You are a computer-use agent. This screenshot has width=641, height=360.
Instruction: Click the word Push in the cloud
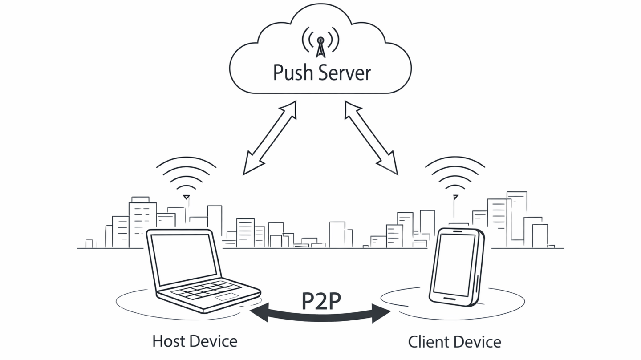click(x=291, y=73)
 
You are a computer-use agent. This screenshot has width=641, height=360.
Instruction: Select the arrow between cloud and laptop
click(x=270, y=138)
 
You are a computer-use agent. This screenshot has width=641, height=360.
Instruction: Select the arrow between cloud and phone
click(x=371, y=138)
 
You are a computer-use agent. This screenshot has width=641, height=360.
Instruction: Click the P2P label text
click(x=321, y=301)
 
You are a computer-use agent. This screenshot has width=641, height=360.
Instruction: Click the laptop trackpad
click(x=227, y=296)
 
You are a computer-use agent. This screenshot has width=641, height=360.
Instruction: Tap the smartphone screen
click(x=454, y=264)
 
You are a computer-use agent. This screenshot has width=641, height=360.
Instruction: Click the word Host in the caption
click(x=168, y=341)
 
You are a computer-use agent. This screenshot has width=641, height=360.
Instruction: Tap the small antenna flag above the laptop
click(x=187, y=197)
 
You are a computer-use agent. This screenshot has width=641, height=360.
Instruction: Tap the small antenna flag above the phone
click(x=455, y=197)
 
